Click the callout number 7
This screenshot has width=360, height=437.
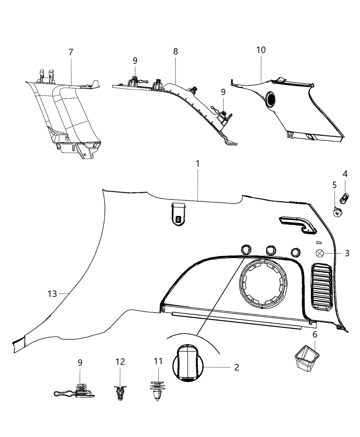(x=71, y=52)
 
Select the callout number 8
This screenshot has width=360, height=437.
(x=175, y=51)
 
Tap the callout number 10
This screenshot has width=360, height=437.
(x=261, y=50)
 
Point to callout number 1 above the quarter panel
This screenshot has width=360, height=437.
(x=197, y=164)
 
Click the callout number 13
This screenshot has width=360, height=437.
(x=52, y=294)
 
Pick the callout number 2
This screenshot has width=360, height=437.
(x=237, y=367)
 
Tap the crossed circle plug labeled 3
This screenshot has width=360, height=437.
(x=320, y=253)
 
